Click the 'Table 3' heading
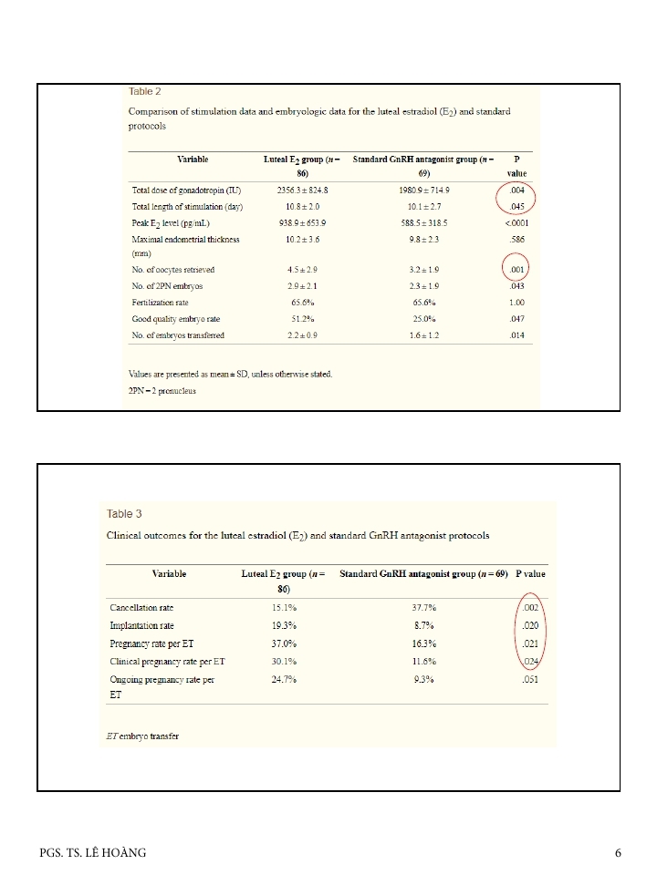point(125,514)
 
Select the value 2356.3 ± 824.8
point(302,190)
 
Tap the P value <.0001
point(516,222)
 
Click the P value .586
point(516,239)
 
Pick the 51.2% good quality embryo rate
point(302,319)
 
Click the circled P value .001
point(516,270)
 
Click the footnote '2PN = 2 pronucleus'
point(162,391)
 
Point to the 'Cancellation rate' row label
point(141,607)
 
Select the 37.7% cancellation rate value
point(422,607)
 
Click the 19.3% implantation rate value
point(284,626)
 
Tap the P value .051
point(533,679)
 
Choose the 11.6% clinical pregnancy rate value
point(422,661)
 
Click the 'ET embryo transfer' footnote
point(143,736)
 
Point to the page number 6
point(618,853)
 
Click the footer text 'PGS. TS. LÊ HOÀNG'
point(93,853)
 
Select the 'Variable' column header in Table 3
point(169,574)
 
